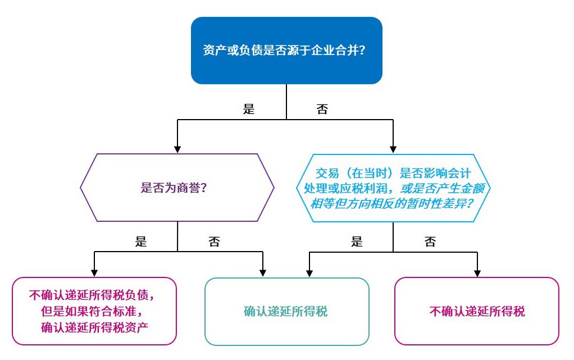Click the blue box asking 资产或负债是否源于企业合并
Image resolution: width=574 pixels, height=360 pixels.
click(x=286, y=51)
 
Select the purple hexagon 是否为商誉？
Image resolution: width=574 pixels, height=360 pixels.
click(x=177, y=188)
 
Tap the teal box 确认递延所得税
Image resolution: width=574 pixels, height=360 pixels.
click(x=286, y=311)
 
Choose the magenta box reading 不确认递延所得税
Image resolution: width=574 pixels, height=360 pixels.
click(x=477, y=311)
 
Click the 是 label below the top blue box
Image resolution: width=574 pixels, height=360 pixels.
click(x=249, y=109)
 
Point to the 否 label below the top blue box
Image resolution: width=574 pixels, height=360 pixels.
click(x=322, y=109)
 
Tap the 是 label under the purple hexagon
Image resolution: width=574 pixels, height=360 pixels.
click(x=141, y=242)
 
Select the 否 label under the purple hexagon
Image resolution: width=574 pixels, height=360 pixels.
click(x=214, y=242)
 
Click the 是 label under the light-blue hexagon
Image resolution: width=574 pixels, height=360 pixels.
click(x=357, y=242)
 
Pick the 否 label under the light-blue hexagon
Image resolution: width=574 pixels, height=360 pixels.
click(x=430, y=242)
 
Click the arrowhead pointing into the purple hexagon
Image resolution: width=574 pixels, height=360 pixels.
click(x=177, y=149)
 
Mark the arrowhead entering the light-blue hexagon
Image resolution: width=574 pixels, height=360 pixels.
click(x=393, y=149)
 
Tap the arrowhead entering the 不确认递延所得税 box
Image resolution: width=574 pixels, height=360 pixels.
click(x=477, y=273)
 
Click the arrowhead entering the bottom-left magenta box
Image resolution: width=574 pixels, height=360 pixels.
click(x=94, y=273)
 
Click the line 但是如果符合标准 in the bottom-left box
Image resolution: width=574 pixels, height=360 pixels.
click(x=94, y=311)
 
